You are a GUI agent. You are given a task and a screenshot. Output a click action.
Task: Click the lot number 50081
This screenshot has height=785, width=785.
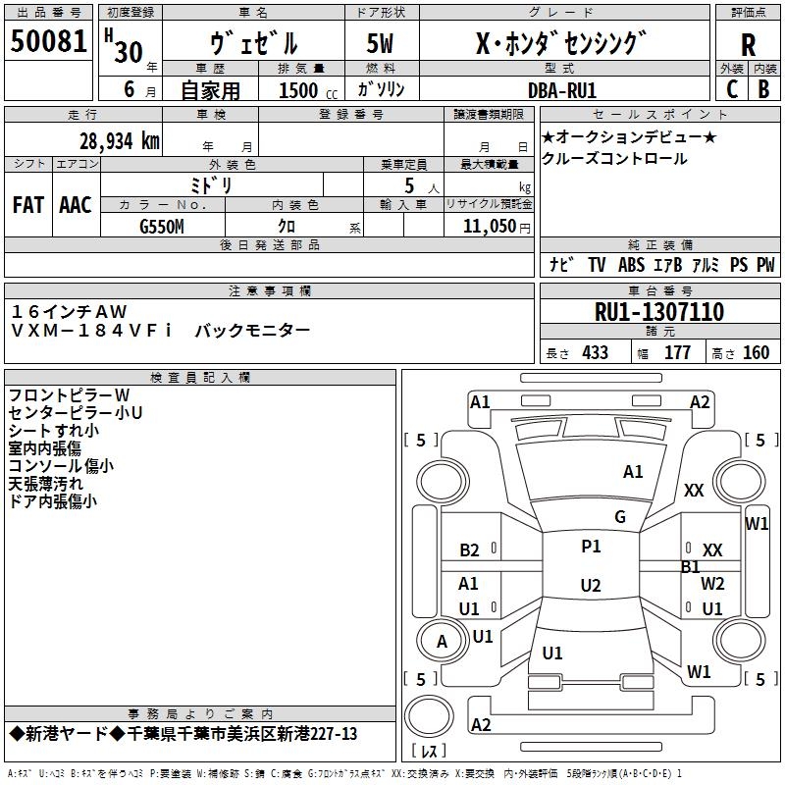48,42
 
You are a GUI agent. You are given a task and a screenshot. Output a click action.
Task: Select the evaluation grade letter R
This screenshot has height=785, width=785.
748,44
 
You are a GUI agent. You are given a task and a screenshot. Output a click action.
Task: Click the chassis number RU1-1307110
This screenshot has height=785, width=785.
659,312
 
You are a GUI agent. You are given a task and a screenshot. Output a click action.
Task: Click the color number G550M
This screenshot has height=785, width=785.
161,226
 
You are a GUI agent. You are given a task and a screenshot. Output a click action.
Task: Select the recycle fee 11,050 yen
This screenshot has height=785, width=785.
487,226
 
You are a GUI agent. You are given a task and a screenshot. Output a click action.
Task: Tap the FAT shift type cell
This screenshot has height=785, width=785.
27,205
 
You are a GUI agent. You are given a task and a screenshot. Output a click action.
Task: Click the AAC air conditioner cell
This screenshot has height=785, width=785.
75,205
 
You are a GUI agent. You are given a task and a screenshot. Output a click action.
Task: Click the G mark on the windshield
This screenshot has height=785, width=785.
619,517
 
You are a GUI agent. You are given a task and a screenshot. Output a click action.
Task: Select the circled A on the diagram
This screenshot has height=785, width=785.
442,642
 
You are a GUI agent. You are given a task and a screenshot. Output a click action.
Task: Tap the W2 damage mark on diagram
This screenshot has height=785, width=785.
712,584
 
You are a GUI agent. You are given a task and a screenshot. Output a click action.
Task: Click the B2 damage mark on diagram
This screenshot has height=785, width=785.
469,550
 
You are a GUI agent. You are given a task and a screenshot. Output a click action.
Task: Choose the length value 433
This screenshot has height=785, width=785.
595,353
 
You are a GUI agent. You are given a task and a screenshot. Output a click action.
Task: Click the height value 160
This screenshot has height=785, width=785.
756,353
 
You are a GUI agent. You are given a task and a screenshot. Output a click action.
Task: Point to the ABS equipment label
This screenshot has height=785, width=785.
631,265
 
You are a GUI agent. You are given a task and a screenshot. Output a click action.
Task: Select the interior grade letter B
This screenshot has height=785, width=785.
763,89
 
